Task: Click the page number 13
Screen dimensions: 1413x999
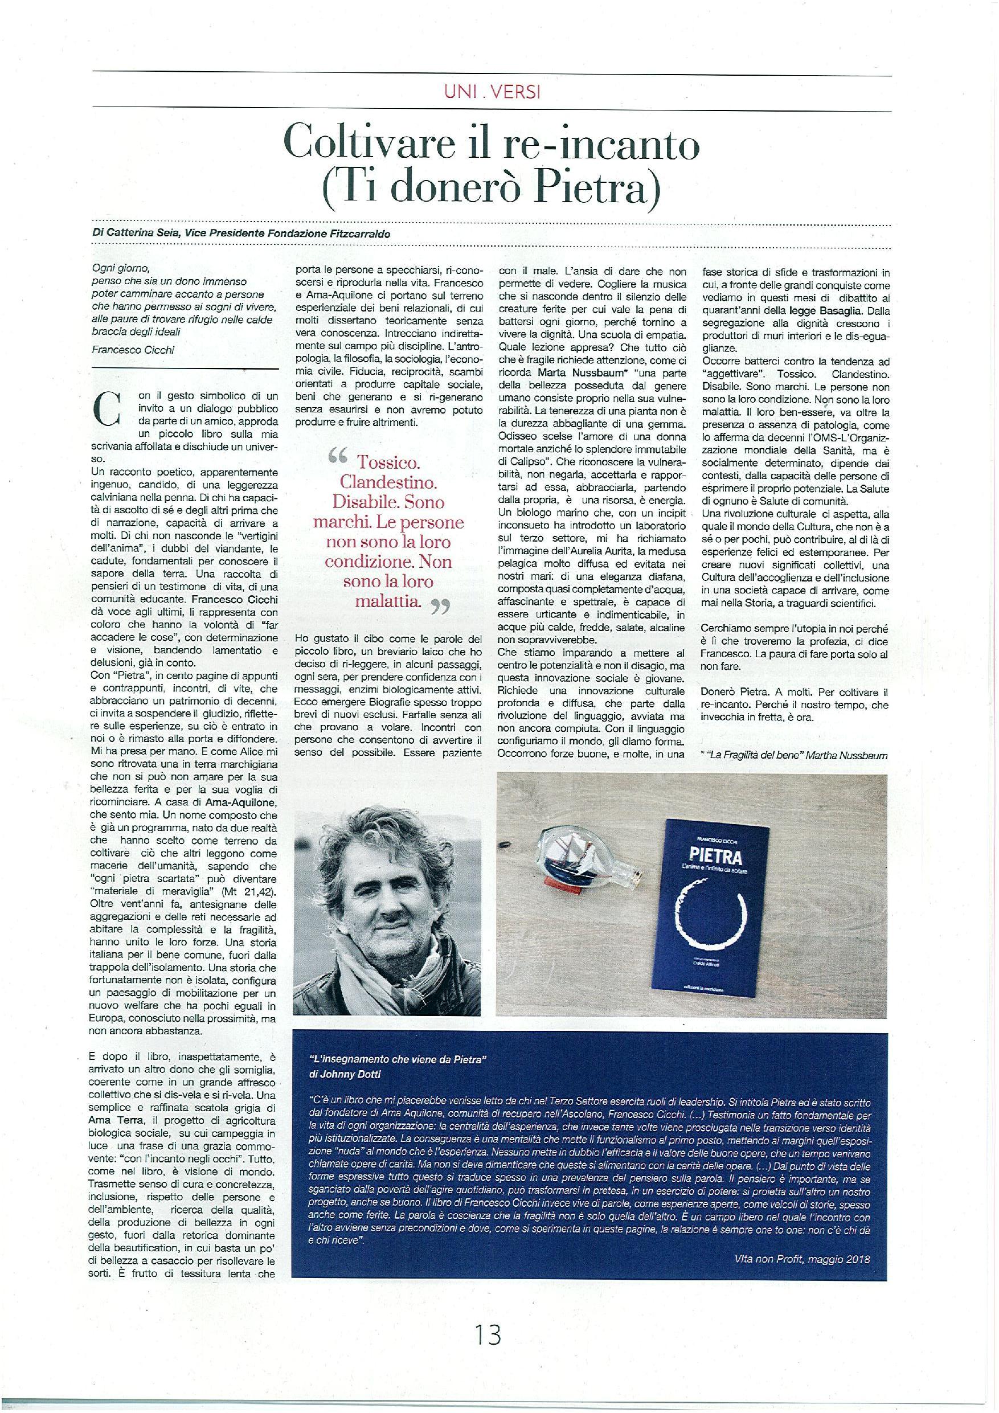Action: click(x=488, y=1331)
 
